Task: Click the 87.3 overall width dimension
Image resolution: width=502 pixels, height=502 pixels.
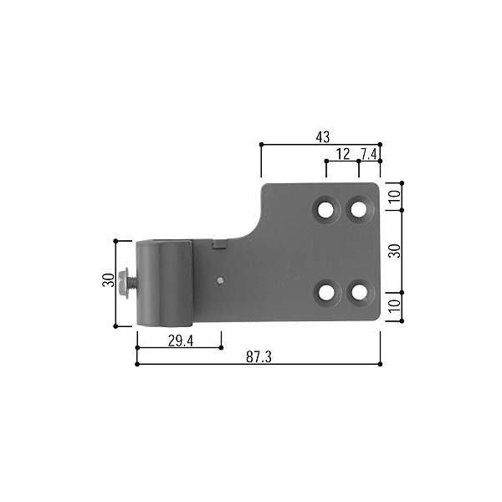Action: click(259, 356)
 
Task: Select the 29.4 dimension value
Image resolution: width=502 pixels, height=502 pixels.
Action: click(181, 341)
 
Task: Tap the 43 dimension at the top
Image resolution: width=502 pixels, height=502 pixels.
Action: click(322, 137)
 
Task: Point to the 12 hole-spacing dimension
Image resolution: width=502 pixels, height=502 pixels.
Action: click(343, 154)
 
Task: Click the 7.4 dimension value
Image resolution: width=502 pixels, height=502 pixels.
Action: click(369, 154)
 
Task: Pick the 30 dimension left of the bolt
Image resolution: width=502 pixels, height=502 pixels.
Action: click(108, 280)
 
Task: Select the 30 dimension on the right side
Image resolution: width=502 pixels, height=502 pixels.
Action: click(395, 251)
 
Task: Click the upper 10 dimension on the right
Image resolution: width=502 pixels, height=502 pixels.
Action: click(395, 196)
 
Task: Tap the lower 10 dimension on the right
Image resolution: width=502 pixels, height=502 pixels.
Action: click(395, 305)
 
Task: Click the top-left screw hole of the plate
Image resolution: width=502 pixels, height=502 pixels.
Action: click(325, 210)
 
